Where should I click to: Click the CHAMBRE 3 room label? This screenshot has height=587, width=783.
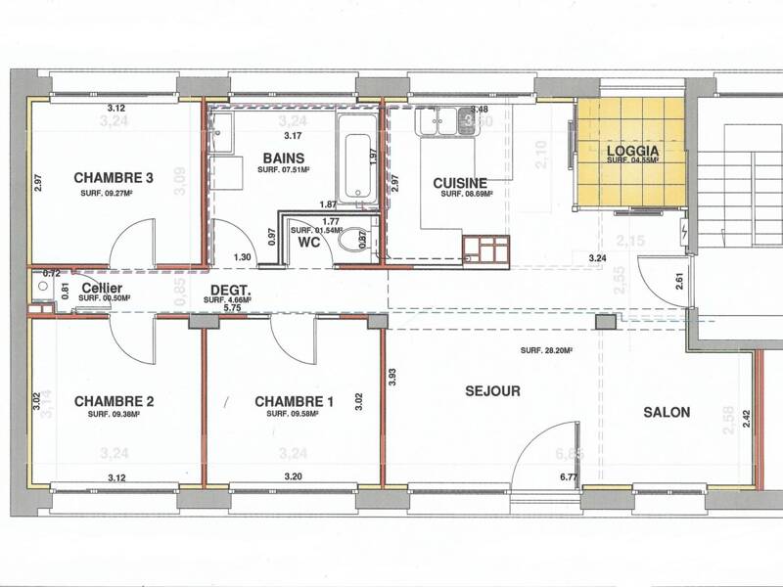click(x=115, y=178)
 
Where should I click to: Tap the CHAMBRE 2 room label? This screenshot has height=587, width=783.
click(x=115, y=401)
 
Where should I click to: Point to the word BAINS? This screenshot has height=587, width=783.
click(x=284, y=158)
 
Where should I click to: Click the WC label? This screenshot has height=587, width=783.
click(x=309, y=241)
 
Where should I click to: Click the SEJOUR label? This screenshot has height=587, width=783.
click(x=492, y=391)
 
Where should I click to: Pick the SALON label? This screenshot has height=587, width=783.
click(x=667, y=412)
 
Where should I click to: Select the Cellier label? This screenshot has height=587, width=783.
click(x=102, y=289)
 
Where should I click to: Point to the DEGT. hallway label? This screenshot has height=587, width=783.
click(x=232, y=291)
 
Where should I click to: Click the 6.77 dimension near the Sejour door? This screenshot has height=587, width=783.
click(x=570, y=476)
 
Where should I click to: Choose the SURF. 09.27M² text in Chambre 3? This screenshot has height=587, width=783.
click(x=115, y=194)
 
